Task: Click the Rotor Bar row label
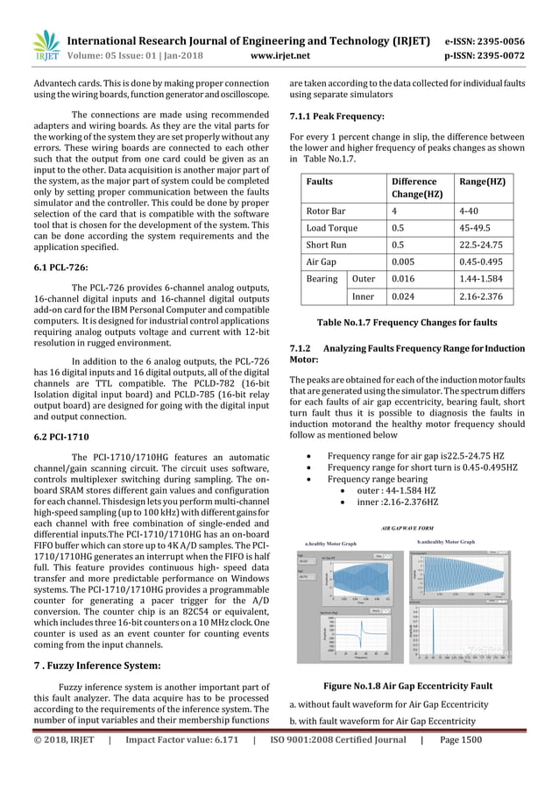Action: pos(326,211)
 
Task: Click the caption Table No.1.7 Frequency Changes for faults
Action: pos(408,322)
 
